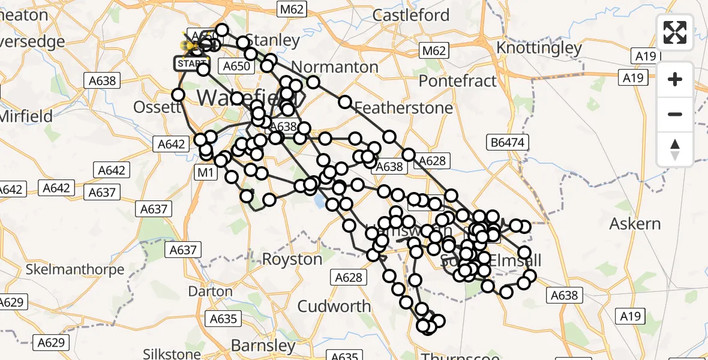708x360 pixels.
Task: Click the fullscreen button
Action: point(675,32)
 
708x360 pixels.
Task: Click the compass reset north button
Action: point(675,149)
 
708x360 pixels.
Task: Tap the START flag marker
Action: point(191,63)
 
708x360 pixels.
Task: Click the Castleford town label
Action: point(411,15)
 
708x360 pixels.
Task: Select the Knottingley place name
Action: point(539,48)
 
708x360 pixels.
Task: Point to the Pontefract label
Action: point(458,80)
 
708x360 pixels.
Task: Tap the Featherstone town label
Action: point(404,108)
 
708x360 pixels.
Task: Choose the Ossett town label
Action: point(159,107)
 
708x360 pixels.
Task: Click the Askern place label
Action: point(635,224)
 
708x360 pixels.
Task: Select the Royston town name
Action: point(293,259)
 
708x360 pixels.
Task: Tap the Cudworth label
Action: point(334,306)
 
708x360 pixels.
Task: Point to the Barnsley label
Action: point(263,346)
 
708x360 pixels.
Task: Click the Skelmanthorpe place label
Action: point(75,269)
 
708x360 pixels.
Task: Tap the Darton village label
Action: point(210,292)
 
